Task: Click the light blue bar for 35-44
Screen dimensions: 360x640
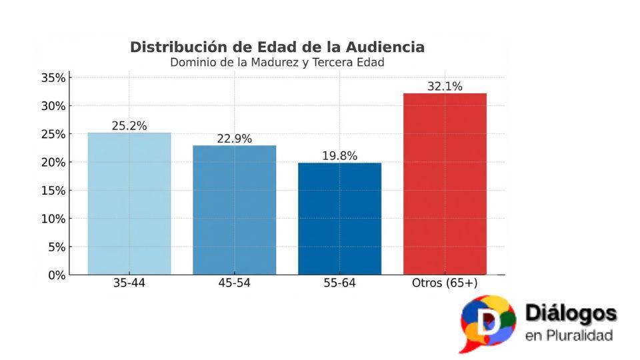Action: pos(129,203)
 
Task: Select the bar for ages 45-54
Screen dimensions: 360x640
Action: pos(234,210)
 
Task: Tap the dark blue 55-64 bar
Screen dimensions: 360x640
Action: pos(339,219)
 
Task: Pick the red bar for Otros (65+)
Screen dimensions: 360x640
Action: pos(445,184)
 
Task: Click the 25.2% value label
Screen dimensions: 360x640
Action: pos(129,125)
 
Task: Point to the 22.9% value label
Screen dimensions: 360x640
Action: pos(234,139)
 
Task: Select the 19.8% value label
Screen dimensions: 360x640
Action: pos(339,156)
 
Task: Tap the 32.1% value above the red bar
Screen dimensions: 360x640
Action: pos(445,86)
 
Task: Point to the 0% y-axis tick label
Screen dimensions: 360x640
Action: pos(57,275)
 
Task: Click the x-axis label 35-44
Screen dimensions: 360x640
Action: pos(129,283)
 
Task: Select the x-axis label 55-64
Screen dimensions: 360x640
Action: pos(339,283)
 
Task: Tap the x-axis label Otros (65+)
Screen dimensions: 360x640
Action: pos(445,283)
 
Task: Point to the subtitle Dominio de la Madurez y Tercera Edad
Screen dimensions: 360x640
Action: pos(277,63)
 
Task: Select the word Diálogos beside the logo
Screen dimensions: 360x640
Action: pos(571,313)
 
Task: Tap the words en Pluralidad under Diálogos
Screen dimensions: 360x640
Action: pos(569,335)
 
